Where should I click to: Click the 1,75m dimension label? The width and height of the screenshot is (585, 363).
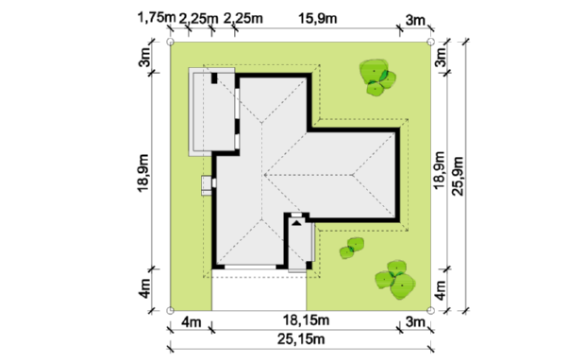point(157,17)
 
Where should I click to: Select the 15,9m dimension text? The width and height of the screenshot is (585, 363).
point(317,18)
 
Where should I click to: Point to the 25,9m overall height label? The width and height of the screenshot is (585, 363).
point(458,176)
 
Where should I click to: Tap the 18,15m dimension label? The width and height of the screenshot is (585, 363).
point(306,320)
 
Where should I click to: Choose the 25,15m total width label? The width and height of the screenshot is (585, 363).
point(301,339)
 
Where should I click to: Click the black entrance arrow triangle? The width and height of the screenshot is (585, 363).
point(296,223)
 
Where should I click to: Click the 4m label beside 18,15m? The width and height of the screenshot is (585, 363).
point(191,321)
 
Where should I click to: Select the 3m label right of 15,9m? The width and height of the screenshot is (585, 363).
point(415,20)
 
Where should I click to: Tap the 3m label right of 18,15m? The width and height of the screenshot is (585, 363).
point(415,321)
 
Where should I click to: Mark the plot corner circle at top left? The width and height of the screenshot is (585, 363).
point(170,42)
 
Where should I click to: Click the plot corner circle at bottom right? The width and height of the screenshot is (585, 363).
point(430,310)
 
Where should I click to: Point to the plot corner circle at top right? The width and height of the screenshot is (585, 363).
point(430,42)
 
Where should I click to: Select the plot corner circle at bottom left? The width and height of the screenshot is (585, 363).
point(170,310)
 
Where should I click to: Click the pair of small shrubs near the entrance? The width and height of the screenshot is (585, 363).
point(352,249)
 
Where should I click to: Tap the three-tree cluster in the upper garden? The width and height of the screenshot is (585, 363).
point(376,78)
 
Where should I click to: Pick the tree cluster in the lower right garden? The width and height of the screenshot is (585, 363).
point(395,281)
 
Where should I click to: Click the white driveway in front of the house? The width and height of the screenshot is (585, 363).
point(259,293)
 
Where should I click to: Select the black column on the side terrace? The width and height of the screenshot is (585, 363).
point(214,78)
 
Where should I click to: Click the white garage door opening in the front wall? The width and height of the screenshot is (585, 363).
point(250,267)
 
